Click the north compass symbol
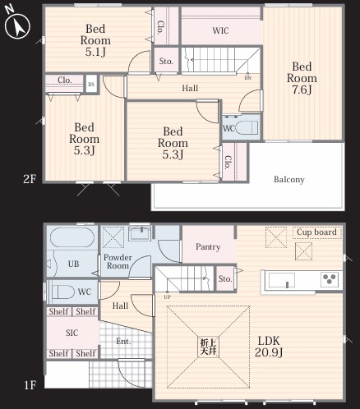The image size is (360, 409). tap(17, 25)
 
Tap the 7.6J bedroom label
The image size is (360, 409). tap(302, 78)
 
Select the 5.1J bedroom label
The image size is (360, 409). tap(95, 40)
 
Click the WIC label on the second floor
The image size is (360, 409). tap(220, 30)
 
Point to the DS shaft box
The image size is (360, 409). tap(91, 84)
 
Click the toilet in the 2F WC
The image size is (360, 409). tap(247, 127)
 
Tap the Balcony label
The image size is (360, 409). tap(289, 179)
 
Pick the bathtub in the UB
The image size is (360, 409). tap(72, 237)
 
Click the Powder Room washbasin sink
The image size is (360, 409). tap(140, 234)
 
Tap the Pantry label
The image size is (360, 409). tap(208, 247)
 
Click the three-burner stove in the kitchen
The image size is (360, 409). tap(329, 279)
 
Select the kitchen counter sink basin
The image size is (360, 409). tap(282, 280)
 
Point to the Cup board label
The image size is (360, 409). tap(316, 232)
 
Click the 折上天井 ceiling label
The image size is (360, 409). tap(209, 347)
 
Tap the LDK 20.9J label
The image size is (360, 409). tap(269, 347)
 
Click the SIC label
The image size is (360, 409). tap(72, 333)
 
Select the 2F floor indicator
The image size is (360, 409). tap(30, 179)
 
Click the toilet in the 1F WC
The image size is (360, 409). tap(63, 292)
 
